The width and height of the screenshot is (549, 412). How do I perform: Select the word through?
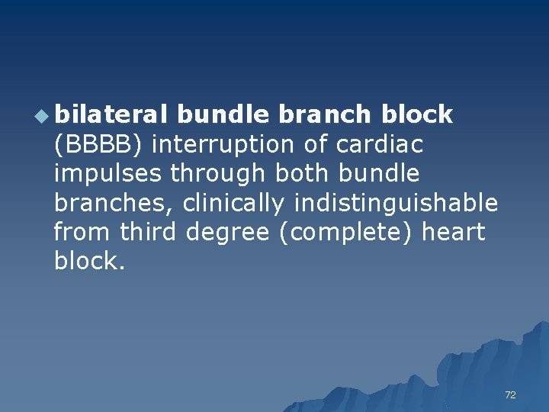pos(215,173)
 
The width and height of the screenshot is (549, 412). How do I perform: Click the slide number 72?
pos(510,394)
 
